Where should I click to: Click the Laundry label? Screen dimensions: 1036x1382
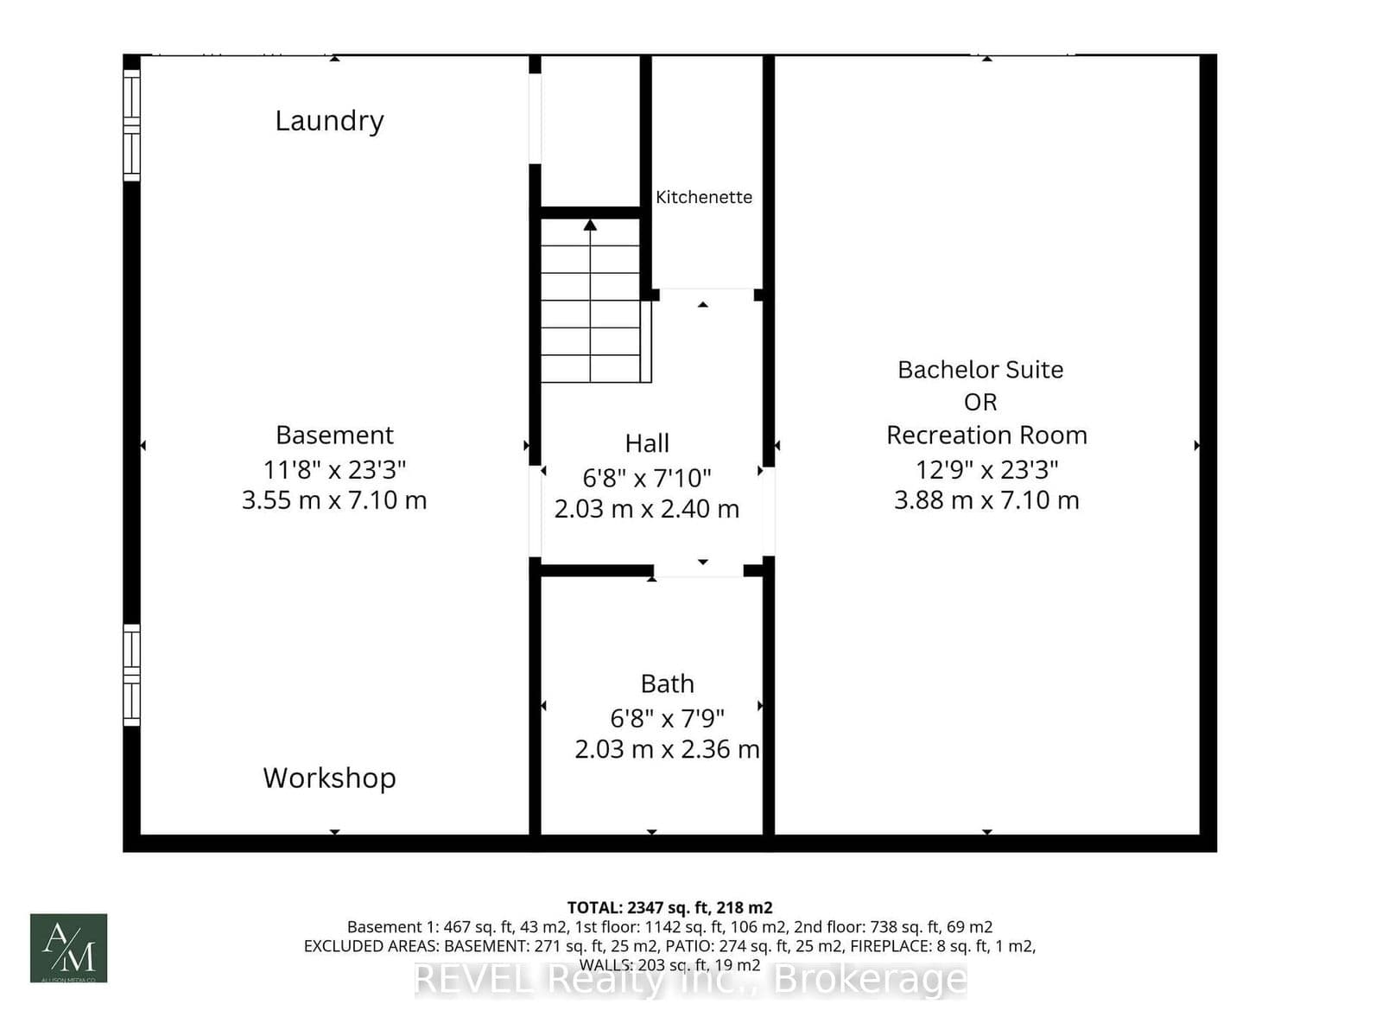pos(329,121)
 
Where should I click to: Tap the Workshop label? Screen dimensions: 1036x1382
pos(329,778)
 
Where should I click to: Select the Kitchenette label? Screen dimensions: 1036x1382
pos(703,197)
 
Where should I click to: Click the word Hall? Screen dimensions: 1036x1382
pos(647,443)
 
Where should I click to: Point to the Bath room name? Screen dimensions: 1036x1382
pos(667,683)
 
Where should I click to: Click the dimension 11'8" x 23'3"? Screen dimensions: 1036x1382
pos(334,469)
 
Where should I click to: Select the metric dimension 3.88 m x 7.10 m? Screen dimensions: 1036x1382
pos(986,500)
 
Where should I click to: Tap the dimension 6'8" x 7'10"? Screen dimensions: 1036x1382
pos(647,477)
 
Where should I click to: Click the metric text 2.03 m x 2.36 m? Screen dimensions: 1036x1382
pos(667,749)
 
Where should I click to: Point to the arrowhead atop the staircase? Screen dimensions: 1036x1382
pos(590,226)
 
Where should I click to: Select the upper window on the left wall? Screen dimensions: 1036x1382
pos(131,124)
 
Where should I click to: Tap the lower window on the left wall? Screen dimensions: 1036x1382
pos(131,675)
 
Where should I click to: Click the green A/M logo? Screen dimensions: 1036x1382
pos(69,948)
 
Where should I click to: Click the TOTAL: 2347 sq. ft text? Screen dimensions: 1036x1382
pos(669,907)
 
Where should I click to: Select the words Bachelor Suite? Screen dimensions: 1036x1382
pos(979,370)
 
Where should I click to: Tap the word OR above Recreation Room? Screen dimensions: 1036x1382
pos(979,402)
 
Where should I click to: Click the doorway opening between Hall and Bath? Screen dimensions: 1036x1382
pos(698,570)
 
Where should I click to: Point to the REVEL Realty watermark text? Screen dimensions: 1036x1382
pos(690,979)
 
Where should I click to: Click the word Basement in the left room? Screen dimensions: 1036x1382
pos(334,435)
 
